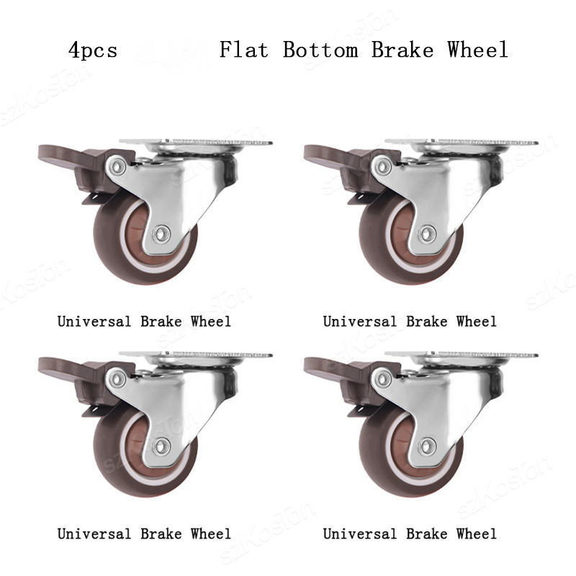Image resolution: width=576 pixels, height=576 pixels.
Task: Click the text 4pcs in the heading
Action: click(x=93, y=50)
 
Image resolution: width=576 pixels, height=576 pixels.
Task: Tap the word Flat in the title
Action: click(x=243, y=50)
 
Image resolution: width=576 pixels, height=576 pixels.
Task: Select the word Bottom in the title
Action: click(x=320, y=50)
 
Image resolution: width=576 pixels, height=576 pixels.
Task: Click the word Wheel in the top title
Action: click(x=477, y=50)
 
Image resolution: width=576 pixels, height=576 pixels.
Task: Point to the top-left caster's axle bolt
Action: click(x=161, y=233)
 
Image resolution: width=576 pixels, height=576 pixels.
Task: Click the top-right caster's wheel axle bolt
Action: click(x=427, y=233)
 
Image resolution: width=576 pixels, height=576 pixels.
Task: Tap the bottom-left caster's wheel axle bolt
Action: click(x=161, y=446)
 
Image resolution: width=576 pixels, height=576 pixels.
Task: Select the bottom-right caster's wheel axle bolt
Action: click(x=427, y=446)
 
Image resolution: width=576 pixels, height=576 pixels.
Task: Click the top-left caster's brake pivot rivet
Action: click(x=117, y=166)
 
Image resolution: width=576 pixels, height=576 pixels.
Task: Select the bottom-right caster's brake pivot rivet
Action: click(x=382, y=379)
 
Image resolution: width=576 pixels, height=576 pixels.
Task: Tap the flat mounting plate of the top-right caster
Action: click(x=462, y=142)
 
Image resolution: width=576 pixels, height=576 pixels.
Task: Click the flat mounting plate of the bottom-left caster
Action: click(x=196, y=355)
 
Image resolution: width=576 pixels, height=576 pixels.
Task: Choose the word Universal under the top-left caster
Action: click(x=94, y=321)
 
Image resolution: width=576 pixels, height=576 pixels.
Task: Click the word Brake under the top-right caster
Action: click(x=427, y=321)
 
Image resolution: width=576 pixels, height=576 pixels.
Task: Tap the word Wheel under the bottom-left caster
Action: click(x=211, y=534)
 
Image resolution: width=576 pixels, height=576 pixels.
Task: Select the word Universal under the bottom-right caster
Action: click(x=359, y=534)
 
